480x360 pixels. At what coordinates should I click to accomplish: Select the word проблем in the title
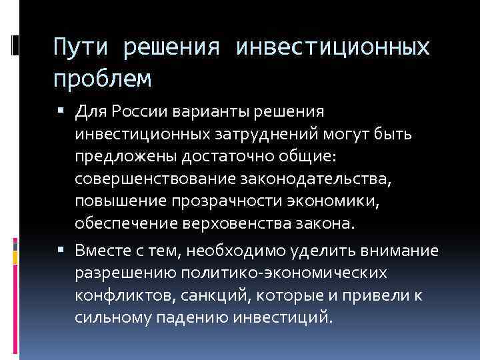[103, 79]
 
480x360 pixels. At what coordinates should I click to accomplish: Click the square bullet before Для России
[64, 110]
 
